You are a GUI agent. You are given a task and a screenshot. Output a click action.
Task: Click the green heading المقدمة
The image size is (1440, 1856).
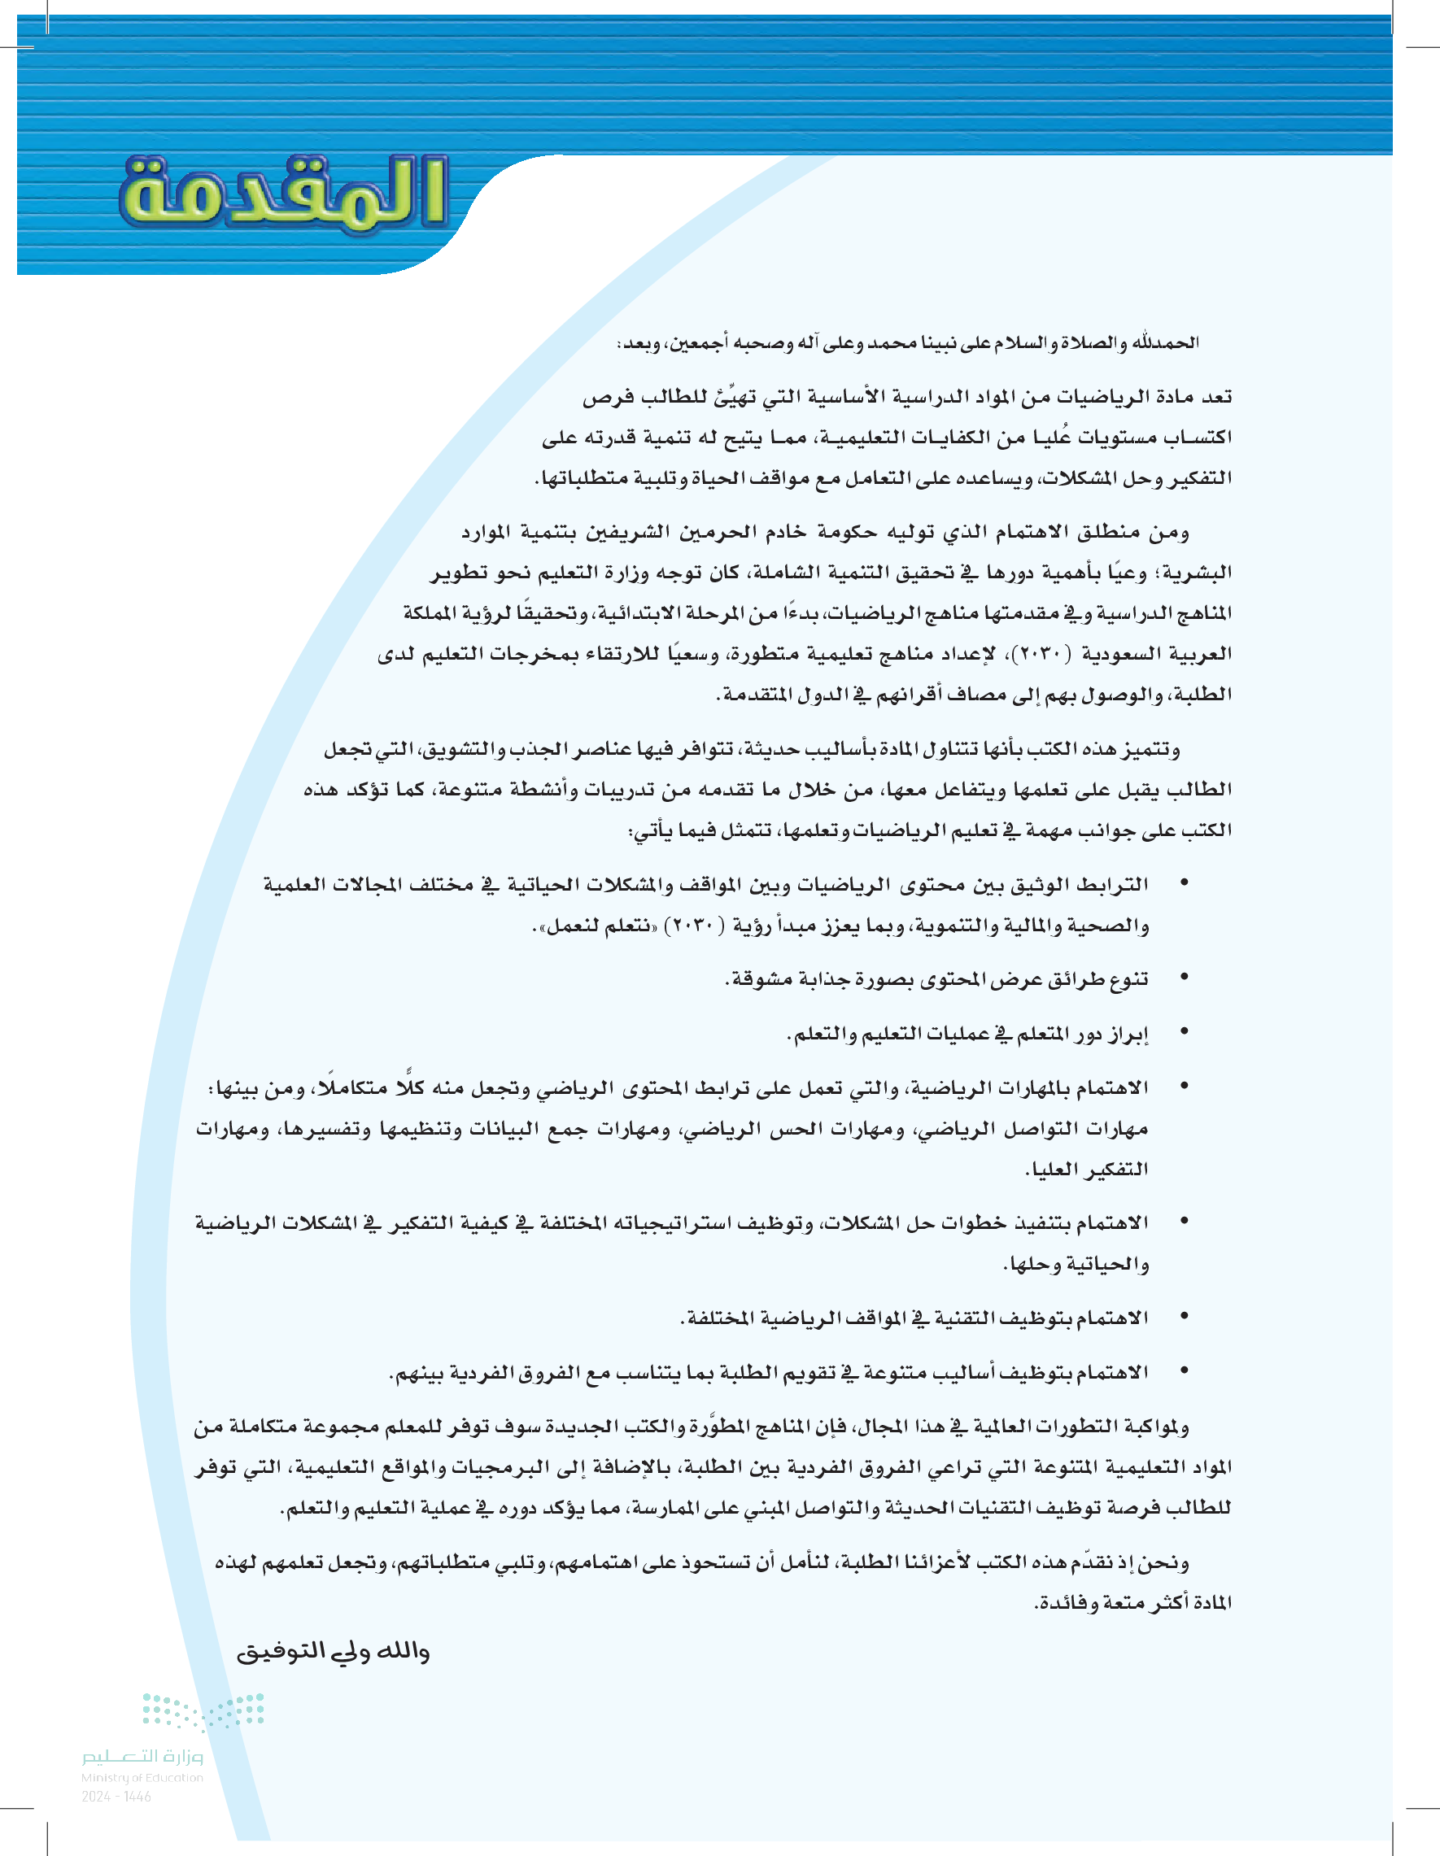[x=283, y=194]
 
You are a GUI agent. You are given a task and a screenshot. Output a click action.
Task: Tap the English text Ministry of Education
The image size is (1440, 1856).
[x=142, y=1777]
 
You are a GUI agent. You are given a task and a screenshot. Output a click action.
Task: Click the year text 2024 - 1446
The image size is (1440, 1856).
[x=116, y=1797]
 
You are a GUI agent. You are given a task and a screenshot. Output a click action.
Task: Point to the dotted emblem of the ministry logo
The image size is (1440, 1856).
[x=203, y=1711]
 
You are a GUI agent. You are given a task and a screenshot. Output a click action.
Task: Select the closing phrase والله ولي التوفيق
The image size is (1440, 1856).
[x=333, y=1651]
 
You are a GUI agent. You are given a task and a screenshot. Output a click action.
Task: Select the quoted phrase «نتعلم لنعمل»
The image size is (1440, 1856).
[x=569, y=925]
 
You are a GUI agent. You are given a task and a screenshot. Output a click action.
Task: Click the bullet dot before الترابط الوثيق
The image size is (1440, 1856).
[x=1184, y=885]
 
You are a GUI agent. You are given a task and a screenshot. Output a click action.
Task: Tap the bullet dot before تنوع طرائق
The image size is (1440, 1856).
[x=1184, y=979]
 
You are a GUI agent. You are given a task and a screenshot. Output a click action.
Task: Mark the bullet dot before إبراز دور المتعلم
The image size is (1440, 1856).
[x=1184, y=1034]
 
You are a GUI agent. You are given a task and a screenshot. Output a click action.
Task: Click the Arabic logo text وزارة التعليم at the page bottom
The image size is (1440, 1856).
[x=142, y=1756]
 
